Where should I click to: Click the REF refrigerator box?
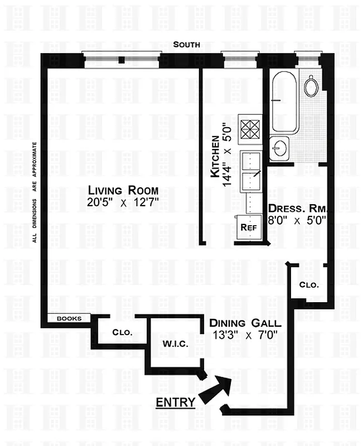[x=247, y=227]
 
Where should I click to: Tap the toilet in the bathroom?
[x=311, y=85]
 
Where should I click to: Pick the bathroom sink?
[x=279, y=147]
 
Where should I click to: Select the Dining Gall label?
[x=245, y=323]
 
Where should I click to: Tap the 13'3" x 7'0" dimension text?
[x=245, y=336]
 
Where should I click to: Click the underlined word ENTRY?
[x=175, y=402]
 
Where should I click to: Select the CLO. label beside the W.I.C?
[x=122, y=332]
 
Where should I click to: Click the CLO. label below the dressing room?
[x=309, y=284]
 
